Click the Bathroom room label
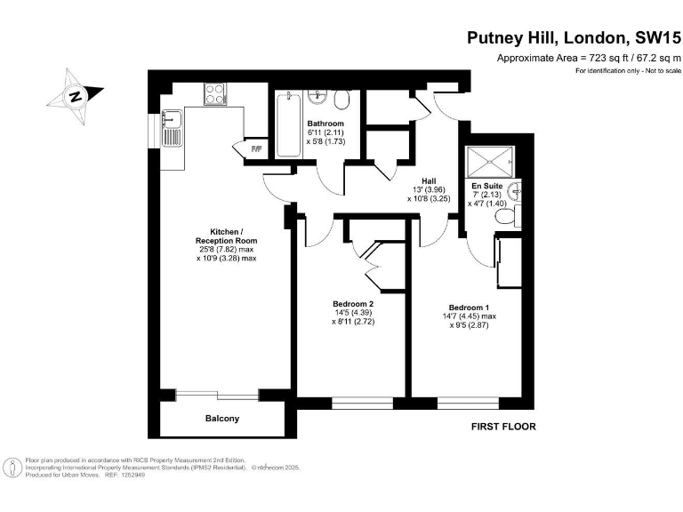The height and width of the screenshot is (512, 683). [x=325, y=124]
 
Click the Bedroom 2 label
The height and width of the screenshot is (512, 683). [x=353, y=303]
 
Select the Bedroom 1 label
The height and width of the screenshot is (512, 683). [x=470, y=307]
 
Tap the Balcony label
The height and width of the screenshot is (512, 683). [x=222, y=418]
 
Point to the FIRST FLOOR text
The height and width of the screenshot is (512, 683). [x=503, y=427]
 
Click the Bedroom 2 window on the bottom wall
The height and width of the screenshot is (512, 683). [x=362, y=403]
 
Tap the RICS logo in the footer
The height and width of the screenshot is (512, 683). [x=12, y=467]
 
